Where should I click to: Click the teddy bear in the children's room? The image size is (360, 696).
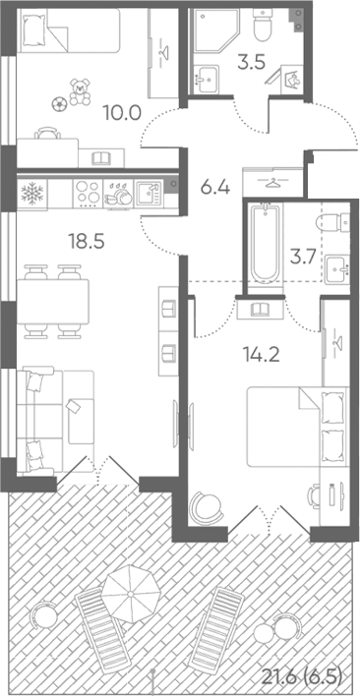coord(80,91)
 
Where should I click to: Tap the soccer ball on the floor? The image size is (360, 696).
coord(58,104)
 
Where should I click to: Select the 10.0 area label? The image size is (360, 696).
coord(122,113)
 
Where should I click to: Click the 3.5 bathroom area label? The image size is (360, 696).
coord(251,63)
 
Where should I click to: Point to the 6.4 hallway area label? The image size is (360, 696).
coord(214,188)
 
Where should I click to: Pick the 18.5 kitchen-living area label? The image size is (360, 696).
coord(86,242)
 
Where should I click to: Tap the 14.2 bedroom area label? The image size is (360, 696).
coord(261,355)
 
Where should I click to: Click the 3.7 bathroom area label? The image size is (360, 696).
coord(303,257)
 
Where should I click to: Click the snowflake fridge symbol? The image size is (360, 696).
coord(32,193)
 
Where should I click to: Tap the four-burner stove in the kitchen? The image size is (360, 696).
coord(88,194)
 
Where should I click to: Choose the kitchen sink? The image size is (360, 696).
coord(149,194)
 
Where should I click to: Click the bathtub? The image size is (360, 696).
coord(266,244)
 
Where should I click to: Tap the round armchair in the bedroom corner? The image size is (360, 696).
coord(205,509)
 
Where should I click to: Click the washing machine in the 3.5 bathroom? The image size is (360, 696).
coord(292,79)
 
